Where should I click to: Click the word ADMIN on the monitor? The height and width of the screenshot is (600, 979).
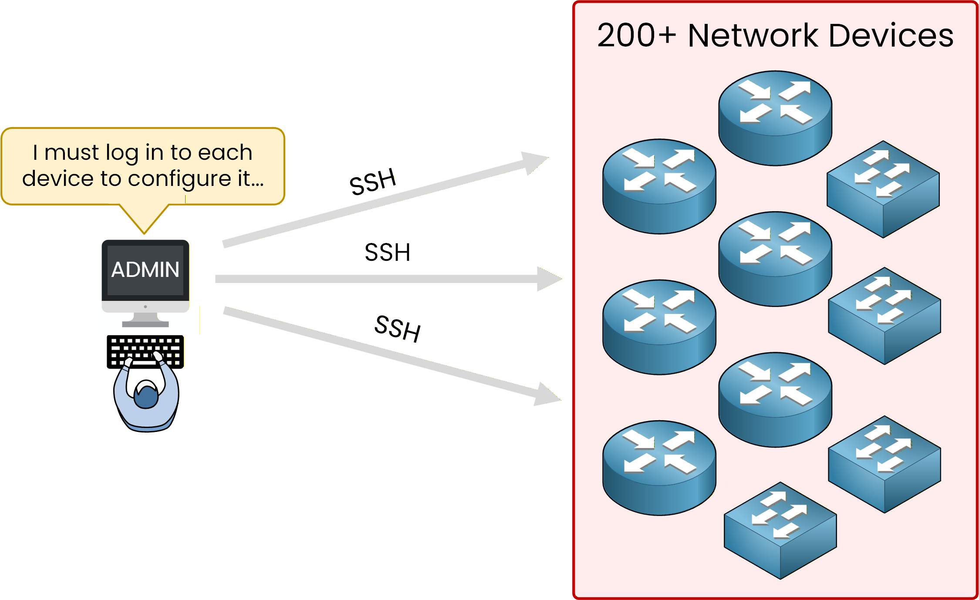145,270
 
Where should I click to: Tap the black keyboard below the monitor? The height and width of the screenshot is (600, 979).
145,351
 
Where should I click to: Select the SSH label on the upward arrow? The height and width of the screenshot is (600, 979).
373,182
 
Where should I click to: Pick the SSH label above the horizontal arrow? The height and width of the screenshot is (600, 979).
387,253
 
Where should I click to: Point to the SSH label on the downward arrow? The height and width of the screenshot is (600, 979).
398,328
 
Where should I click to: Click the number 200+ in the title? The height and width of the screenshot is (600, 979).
636,36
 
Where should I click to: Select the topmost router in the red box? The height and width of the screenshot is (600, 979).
775,118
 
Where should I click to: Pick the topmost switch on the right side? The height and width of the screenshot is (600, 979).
883,189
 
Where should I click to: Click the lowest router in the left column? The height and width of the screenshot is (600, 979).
659,468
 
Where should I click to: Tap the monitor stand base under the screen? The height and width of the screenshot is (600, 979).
145,323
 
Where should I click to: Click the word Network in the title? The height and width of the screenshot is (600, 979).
753,36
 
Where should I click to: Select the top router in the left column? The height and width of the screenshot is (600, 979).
659,186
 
